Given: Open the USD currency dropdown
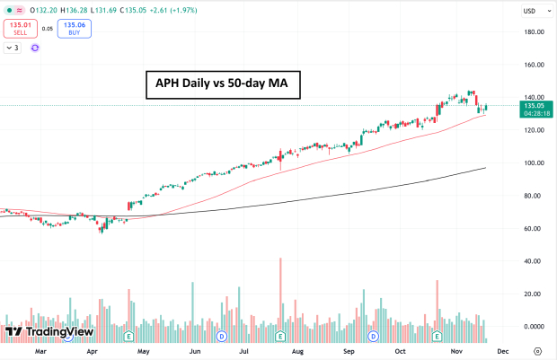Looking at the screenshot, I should point(533,12).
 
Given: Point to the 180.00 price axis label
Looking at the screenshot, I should point(535,32).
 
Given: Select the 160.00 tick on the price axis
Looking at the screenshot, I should point(535,65).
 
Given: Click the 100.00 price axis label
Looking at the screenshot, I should point(535,162).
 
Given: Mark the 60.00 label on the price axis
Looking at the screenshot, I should point(535,228).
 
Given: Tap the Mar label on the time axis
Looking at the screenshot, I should point(40,352).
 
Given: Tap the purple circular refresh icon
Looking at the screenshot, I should point(35,47).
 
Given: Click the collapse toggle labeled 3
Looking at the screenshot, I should point(13,47).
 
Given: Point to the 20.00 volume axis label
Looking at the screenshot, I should point(535,294).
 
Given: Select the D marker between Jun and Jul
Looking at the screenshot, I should point(221,336).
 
